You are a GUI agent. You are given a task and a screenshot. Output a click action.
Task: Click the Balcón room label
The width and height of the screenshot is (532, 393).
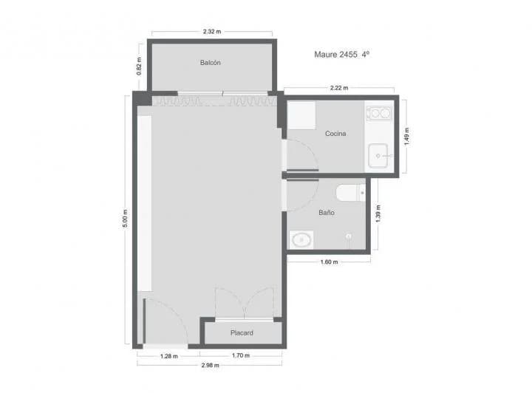pyautogui.click(x=210, y=63)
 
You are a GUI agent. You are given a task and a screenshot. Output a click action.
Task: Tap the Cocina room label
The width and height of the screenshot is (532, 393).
pyautogui.click(x=335, y=134)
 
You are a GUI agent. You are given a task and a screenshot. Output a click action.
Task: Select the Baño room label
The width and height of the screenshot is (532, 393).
pyautogui.click(x=326, y=212)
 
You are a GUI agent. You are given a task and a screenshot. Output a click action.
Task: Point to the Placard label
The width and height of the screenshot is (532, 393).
pyautogui.click(x=242, y=333)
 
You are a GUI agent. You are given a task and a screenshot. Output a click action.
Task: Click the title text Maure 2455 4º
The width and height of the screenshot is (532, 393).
pyautogui.click(x=341, y=55)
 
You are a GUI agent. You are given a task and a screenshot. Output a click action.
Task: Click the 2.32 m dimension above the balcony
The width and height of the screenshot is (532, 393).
pyautogui.click(x=212, y=32)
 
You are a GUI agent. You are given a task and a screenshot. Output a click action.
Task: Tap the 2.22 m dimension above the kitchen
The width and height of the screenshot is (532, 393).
pyautogui.click(x=341, y=89)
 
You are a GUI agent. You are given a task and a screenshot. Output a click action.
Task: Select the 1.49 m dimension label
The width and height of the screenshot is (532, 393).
pyautogui.click(x=407, y=135)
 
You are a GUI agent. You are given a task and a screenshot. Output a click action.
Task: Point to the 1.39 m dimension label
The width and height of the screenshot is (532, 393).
pyautogui.click(x=378, y=213)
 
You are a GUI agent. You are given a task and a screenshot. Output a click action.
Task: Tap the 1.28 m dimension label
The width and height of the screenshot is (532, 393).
pyautogui.click(x=168, y=355)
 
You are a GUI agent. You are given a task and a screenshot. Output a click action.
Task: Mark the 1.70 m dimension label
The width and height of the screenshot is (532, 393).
pyautogui.click(x=241, y=355)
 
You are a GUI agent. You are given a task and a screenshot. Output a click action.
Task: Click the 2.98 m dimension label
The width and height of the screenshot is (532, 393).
pyautogui.click(x=210, y=366)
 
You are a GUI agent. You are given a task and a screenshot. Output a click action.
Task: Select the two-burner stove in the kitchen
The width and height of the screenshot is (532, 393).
pyautogui.click(x=379, y=113)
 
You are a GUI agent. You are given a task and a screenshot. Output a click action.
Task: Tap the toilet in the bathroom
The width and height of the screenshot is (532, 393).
pyautogui.click(x=350, y=194)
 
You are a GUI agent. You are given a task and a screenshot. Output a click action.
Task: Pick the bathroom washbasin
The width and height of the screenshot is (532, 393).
pyautogui.click(x=301, y=239)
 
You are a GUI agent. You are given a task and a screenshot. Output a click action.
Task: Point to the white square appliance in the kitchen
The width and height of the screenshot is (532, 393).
pyautogui.click(x=301, y=116)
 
